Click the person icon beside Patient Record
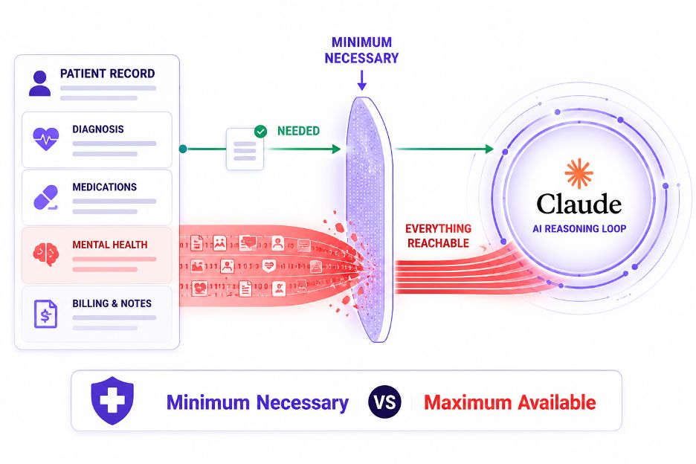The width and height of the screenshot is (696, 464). pos(39,83)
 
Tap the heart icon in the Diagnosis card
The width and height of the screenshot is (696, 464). pos(45,139)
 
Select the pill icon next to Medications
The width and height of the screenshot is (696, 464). pos(45,197)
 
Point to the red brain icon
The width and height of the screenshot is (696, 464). pos(45,254)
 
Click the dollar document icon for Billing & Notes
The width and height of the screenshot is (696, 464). pos(45,314)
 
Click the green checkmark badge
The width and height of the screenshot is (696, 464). pos(260,132)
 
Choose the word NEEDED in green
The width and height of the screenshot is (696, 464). pos(298,131)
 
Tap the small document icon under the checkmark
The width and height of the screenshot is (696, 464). pos(245,150)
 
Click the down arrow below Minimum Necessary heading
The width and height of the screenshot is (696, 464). pos(362,80)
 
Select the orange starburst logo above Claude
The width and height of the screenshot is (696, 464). pos(579,173)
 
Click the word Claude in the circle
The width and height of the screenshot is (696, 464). pos(579,204)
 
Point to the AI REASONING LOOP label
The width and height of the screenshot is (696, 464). pos(579,229)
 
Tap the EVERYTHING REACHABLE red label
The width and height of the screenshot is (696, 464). pos(438,236)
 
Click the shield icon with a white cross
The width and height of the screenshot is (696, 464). pos(112,401)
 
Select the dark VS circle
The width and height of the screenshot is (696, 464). pos(384,402)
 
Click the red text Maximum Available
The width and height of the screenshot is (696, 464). pos(509,403)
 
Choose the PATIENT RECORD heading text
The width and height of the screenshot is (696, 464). pos(107,74)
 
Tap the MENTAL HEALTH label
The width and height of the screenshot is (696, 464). pos(109,245)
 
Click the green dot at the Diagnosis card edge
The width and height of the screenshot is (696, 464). pos(183,149)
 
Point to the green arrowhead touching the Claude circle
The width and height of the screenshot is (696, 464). pos(489,149)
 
